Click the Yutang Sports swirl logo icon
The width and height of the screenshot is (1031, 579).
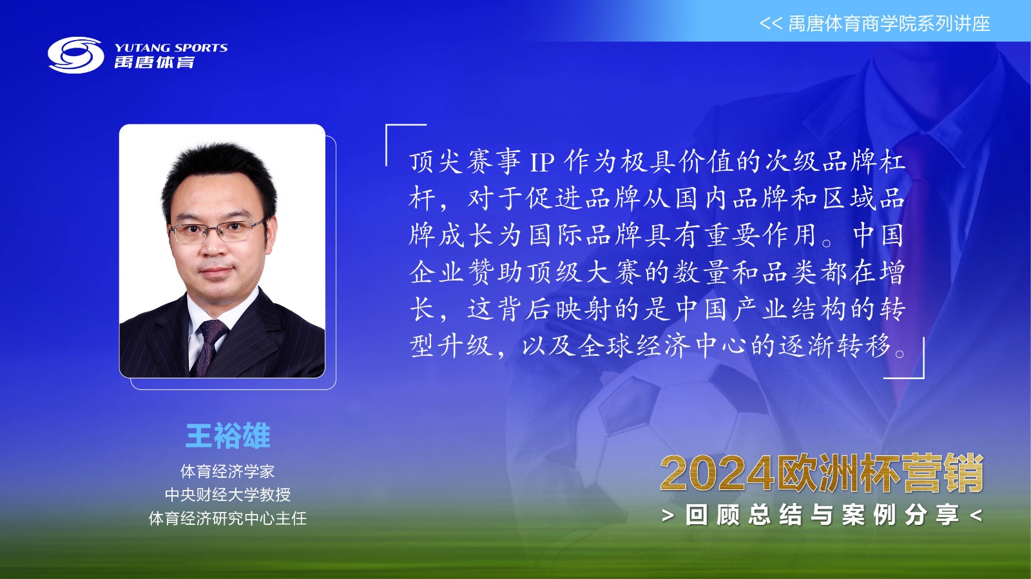[x=76, y=55]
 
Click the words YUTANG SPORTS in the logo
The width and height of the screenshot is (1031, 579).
[x=171, y=48]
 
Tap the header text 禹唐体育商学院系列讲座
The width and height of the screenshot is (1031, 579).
[x=889, y=23]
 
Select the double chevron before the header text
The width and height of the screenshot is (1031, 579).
[x=771, y=23]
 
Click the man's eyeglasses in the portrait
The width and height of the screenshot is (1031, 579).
[x=217, y=230]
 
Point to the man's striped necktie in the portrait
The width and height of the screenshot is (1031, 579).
[x=209, y=346]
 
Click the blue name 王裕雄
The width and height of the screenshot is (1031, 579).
[x=227, y=435]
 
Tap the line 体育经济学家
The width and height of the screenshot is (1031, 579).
[x=227, y=471]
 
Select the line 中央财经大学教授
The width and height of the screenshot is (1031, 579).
[x=227, y=495]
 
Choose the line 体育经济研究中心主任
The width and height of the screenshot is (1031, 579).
[x=227, y=518]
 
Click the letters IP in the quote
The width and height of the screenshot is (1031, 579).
[x=542, y=162]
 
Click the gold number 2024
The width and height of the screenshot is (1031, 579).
[x=717, y=473]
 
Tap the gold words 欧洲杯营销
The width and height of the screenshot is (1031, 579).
[x=879, y=473]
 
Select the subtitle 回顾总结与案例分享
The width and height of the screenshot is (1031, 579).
[x=822, y=515]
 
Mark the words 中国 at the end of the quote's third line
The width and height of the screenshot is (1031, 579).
[x=878, y=235]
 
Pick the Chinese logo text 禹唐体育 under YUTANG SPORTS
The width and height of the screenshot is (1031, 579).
[x=155, y=62]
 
